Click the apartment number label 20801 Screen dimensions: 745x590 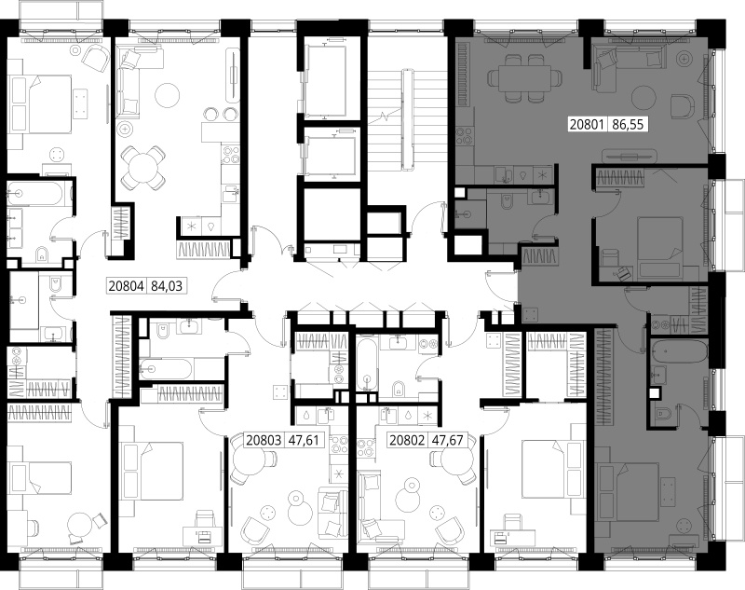tap(587, 125)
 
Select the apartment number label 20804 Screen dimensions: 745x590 tap(126, 286)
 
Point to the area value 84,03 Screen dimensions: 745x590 tap(167, 286)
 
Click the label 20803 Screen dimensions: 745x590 tap(264, 440)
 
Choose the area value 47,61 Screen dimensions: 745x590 tap(305, 440)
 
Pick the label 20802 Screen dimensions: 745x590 tap(407, 440)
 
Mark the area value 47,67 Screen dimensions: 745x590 tap(447, 440)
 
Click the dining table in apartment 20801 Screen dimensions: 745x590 tap(521, 78)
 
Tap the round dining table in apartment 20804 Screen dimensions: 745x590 tap(143, 167)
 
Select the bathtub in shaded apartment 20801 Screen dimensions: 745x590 tap(679, 350)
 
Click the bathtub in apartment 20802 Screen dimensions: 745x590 tap(366, 364)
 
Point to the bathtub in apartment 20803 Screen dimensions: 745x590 tap(166, 368)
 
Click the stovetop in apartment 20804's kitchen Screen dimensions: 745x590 tap(232, 155)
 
